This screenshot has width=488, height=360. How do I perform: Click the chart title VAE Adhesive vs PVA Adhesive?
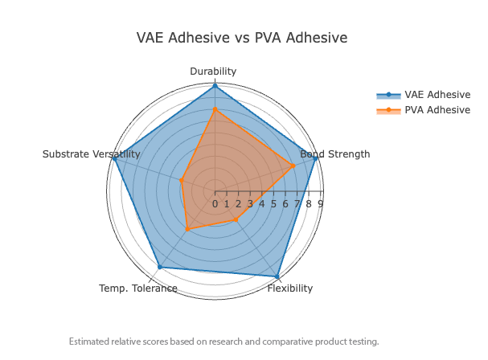click(x=242, y=38)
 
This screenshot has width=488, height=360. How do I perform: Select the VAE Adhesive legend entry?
click(x=437, y=94)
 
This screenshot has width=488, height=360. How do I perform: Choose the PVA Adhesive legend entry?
click(x=437, y=109)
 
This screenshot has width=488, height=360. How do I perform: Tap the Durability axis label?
click(x=213, y=72)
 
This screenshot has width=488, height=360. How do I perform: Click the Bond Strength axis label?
click(x=334, y=154)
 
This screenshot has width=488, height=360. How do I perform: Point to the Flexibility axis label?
click(x=290, y=288)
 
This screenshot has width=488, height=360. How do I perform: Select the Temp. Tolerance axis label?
click(x=138, y=288)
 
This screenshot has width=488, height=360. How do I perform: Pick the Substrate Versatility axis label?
click(x=92, y=154)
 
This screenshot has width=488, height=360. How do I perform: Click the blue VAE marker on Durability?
click(x=215, y=85)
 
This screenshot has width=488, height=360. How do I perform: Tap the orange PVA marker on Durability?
click(x=215, y=109)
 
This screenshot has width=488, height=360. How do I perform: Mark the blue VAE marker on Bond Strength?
click(x=316, y=158)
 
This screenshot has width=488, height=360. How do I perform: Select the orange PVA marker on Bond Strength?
click(x=293, y=166)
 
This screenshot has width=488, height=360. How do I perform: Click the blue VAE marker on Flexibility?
click(x=277, y=277)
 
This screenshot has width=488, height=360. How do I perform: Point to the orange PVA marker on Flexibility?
click(x=236, y=220)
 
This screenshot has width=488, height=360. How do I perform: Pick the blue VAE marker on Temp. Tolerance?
click(x=159, y=267)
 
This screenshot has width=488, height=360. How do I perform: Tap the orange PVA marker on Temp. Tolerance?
click(x=187, y=230)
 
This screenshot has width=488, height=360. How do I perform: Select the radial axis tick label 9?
click(x=321, y=204)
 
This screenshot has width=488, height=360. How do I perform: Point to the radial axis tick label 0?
click(x=215, y=204)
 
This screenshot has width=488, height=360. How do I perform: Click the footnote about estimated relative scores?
click(x=223, y=342)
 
